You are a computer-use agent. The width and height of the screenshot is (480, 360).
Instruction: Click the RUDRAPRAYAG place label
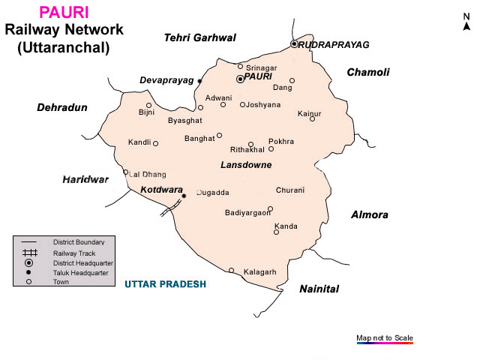click(x=334, y=45)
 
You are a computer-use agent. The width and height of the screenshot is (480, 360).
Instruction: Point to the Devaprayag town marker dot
click(x=200, y=80)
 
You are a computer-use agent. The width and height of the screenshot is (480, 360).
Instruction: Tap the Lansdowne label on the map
click(x=246, y=165)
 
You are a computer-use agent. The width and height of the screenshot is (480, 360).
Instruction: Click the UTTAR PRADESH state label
click(x=165, y=285)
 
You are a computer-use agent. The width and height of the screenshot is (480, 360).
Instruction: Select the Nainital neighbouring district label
click(x=319, y=289)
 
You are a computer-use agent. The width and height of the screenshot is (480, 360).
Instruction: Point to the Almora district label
click(x=370, y=215)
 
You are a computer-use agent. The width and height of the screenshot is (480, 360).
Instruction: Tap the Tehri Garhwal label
click(x=200, y=37)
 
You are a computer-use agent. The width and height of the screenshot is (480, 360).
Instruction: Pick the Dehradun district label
click(x=62, y=108)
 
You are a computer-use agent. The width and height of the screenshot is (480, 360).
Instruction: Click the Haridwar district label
click(x=85, y=180)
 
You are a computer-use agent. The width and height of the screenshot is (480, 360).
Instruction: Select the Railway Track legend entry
click(x=73, y=253)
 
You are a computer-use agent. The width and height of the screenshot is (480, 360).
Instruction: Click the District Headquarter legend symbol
click(x=28, y=263)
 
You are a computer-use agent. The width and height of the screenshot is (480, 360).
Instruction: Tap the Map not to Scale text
click(x=385, y=337)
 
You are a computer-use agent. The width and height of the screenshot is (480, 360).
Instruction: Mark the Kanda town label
click(x=286, y=226)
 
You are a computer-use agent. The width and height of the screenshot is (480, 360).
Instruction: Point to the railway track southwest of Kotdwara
click(x=171, y=206)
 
